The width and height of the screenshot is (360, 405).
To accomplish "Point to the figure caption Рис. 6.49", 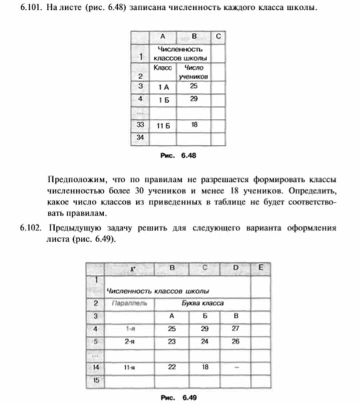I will click(x=178, y=397).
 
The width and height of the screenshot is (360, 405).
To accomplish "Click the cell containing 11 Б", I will click(x=163, y=126).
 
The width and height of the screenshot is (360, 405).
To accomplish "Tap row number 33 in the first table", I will click(x=140, y=125).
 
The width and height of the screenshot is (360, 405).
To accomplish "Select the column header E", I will click(x=261, y=267).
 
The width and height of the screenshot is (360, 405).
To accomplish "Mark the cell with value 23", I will click(x=172, y=341).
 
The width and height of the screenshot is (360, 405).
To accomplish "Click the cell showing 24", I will click(x=204, y=341).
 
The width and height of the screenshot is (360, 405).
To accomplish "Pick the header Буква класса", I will click(x=203, y=303).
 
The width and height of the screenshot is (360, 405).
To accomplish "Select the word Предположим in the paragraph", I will click(x=75, y=180).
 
